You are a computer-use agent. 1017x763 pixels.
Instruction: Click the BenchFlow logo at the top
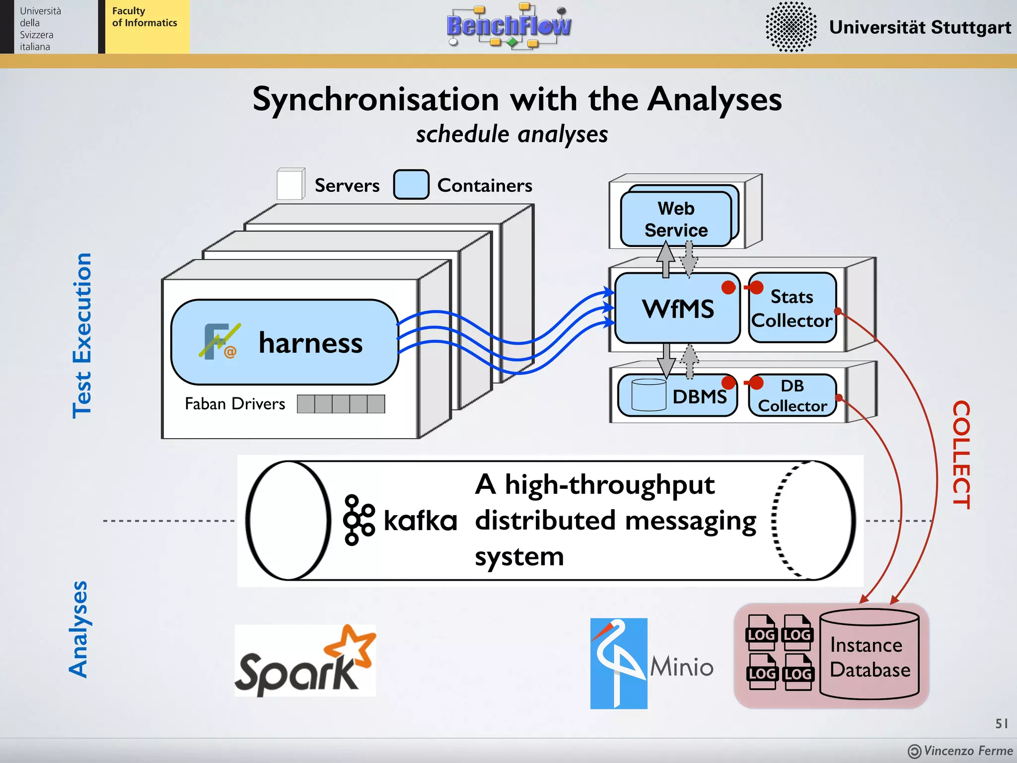[x=508, y=26]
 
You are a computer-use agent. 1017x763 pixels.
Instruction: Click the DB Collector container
[x=793, y=396]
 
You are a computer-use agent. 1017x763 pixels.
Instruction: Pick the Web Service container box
[x=676, y=219]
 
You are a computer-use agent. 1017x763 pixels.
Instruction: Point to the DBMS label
[x=699, y=397]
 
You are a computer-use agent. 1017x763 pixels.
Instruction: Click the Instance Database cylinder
[x=870, y=655]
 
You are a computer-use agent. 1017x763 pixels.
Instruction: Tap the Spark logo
[x=305, y=661]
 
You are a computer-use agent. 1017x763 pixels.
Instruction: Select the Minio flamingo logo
[x=618, y=663]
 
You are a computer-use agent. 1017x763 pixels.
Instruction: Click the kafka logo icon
[x=359, y=520]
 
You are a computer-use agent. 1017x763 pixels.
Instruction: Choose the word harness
[x=310, y=343]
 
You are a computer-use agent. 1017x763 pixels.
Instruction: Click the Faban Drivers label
[x=235, y=404]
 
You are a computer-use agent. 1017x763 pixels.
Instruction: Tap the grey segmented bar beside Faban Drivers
[x=341, y=404]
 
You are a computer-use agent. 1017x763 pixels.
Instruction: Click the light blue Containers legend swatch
[x=411, y=185]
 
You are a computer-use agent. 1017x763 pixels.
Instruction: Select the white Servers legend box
[x=291, y=184]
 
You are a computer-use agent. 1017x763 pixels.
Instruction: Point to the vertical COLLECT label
[x=961, y=455]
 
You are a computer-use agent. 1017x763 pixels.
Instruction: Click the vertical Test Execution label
[x=82, y=336]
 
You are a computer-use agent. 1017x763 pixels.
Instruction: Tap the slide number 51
[x=1001, y=723]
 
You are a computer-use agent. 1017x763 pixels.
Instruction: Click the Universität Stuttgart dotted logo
[x=791, y=27]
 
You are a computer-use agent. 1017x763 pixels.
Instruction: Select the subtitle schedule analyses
[x=512, y=135]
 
